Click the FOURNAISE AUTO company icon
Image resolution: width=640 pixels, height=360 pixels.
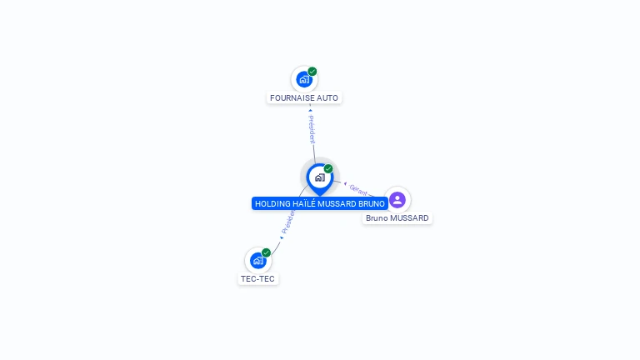pyautogui.click(x=304, y=80)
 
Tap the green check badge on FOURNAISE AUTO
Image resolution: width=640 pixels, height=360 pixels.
pyautogui.click(x=312, y=72)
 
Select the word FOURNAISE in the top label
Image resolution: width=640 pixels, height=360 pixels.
pyautogui.click(x=288, y=97)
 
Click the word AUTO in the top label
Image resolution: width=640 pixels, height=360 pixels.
pyautogui.click(x=327, y=97)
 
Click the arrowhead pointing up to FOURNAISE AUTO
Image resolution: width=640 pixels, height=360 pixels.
pyautogui.click(x=310, y=110)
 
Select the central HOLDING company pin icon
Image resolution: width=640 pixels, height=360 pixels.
pyautogui.click(x=319, y=177)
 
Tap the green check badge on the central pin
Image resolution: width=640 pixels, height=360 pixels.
pyautogui.click(x=328, y=168)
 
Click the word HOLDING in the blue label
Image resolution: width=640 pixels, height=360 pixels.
pyautogui.click(x=272, y=203)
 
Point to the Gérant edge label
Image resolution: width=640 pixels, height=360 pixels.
pyautogui.click(x=358, y=189)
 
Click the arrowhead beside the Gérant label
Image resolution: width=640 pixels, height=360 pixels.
pyautogui.click(x=345, y=183)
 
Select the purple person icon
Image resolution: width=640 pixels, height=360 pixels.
pyautogui.click(x=397, y=200)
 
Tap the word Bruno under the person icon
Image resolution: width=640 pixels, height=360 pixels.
pyautogui.click(x=377, y=218)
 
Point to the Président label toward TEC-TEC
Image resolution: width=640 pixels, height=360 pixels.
pyautogui.click(x=288, y=221)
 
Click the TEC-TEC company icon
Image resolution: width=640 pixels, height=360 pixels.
pyautogui.click(x=258, y=260)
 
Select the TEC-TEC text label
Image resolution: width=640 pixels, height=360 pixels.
pyautogui.click(x=258, y=278)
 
